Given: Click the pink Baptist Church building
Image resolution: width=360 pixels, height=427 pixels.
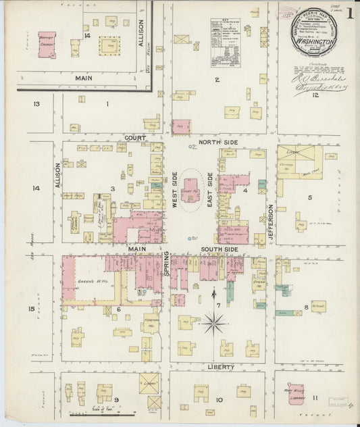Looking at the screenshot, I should (47, 43).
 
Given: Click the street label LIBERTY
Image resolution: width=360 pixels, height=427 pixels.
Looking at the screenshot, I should (220, 367).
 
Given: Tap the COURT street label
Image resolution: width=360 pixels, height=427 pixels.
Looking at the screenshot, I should (135, 137).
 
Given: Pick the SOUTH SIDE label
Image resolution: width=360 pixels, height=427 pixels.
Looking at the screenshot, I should (220, 250).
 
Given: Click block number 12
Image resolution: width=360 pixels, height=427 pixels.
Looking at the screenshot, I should (315, 96).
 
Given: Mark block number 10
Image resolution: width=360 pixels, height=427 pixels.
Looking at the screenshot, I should (219, 400).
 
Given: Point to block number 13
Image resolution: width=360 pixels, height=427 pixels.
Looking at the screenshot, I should (36, 103).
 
